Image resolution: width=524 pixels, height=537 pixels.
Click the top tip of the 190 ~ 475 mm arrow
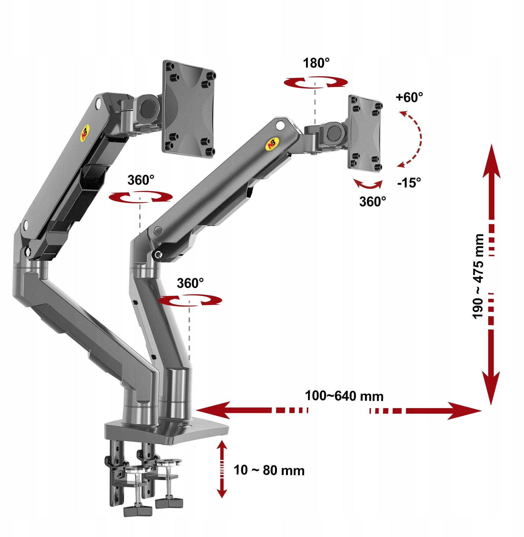coord(492,144)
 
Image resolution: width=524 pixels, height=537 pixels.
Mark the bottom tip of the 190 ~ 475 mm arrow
coord(492,405)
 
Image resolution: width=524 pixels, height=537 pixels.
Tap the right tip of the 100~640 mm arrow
coord(482,411)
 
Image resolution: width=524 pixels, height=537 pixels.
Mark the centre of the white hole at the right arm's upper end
coord(281,126)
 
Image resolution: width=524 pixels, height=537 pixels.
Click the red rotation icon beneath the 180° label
coord(316,82)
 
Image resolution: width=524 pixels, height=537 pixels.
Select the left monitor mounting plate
coord(189,109)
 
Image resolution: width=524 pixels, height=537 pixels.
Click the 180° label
coord(316,63)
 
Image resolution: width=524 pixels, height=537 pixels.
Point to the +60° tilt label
coord(409,97)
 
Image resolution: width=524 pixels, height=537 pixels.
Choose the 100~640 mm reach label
coord(344,396)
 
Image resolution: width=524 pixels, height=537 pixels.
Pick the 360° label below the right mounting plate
coord(373,202)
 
